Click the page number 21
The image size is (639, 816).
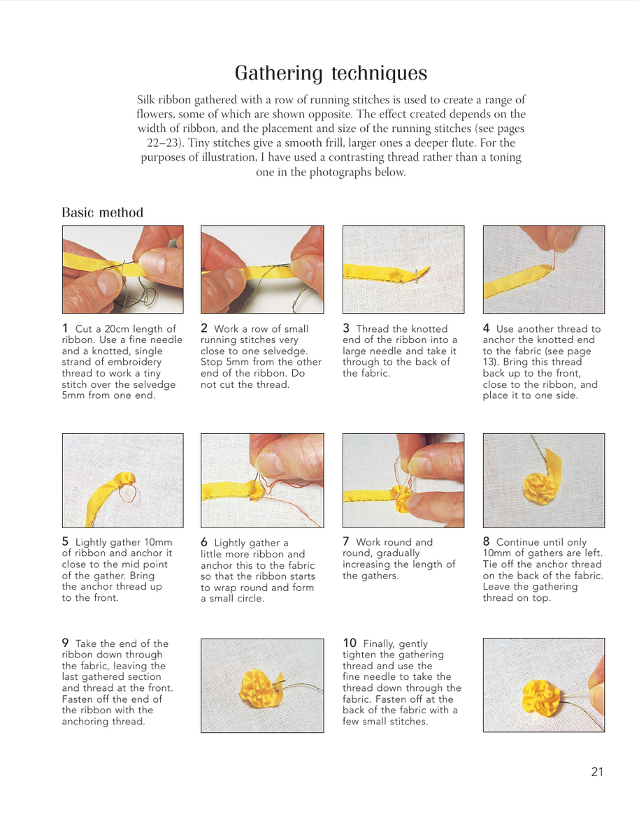pos(597,772)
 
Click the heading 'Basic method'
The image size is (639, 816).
pos(103,212)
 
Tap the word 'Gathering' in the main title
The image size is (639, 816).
pos(279,73)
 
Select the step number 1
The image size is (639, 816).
pos(65,328)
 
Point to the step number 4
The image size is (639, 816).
pos(487,328)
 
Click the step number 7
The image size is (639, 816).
pos(346,541)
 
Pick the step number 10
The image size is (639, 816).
pos(350,643)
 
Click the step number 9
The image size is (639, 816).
pos(65,643)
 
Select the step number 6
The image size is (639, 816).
pos(204,542)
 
